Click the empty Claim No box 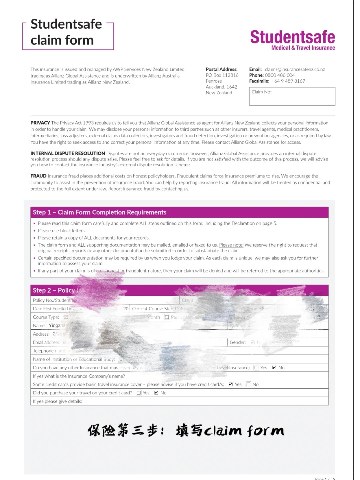[292, 97]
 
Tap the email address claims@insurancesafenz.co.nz [295, 69]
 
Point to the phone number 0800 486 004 [280, 75]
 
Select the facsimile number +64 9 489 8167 [288, 81]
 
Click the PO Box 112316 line [222, 75]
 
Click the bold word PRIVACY [40, 123]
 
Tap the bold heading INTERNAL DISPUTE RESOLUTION [68, 153]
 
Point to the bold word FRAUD [38, 176]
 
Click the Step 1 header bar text [99, 212]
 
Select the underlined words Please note [231, 245]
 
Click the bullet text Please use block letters [62, 231]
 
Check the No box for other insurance [274, 368]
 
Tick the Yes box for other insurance [256, 368]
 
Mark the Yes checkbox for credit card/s [231, 384]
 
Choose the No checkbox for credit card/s [248, 384]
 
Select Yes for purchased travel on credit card [139, 393]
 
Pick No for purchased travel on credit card [156, 393]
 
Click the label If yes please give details [57, 401]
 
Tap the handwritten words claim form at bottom [244, 431]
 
